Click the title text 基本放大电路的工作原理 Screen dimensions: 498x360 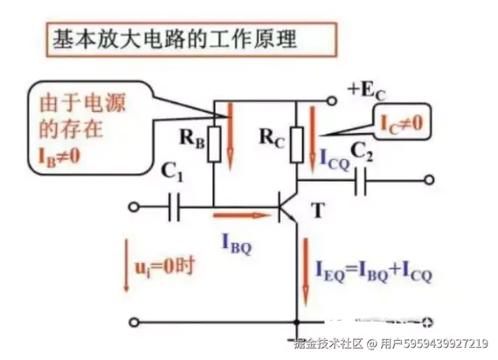coord(175,39)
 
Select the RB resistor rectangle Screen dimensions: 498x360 coord(214,144)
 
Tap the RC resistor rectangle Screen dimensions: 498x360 coord(297,145)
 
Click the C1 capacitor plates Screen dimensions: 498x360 coord(173,207)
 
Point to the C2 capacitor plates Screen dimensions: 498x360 coord(360,181)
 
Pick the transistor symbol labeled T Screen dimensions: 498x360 coord(288,207)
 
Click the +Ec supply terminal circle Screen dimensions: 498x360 coord(332,101)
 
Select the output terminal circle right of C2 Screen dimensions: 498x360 coord(429,180)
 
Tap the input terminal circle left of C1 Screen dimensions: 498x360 coord(135,207)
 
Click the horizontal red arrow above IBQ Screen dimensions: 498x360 coord(242,216)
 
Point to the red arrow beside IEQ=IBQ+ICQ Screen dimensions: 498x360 coord(306,272)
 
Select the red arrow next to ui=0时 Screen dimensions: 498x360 coord(127,265)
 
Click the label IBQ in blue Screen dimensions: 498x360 coord(237,244)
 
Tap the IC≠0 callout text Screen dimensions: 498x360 coord(402,123)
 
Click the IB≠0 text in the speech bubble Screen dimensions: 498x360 coord(59,156)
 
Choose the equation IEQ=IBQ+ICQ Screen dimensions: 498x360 coord(374,272)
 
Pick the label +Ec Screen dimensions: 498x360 coord(367,91)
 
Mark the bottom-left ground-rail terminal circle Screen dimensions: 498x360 coord(135,322)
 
